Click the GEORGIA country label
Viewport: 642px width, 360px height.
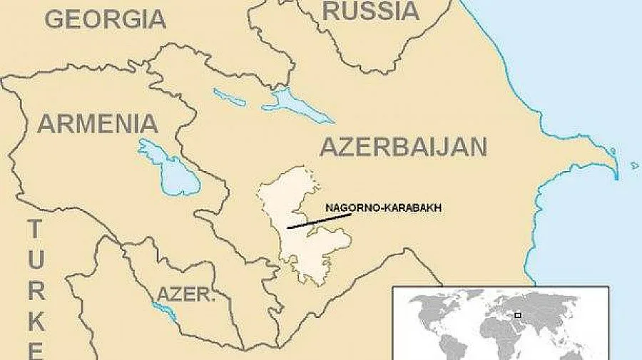pyautogui.click(x=105, y=19)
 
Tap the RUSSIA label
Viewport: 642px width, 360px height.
pyautogui.click(x=370, y=11)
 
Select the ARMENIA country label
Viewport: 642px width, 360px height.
pyautogui.click(x=97, y=123)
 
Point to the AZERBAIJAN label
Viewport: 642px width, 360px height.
pyautogui.click(x=403, y=147)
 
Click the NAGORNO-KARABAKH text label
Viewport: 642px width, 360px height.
pyautogui.click(x=383, y=207)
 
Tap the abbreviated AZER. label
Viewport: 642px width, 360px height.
pyautogui.click(x=185, y=294)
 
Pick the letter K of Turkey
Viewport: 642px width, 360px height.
pyautogui.click(x=36, y=321)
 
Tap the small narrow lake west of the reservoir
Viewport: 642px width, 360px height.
pyautogui.click(x=229, y=98)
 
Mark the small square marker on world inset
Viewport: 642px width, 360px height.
pyautogui.click(x=518, y=314)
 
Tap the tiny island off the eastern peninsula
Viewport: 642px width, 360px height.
pyautogui.click(x=634, y=165)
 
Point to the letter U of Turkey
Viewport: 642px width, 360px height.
pyautogui.click(x=36, y=260)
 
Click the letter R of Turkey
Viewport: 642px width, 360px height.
pyautogui.click(x=36, y=290)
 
